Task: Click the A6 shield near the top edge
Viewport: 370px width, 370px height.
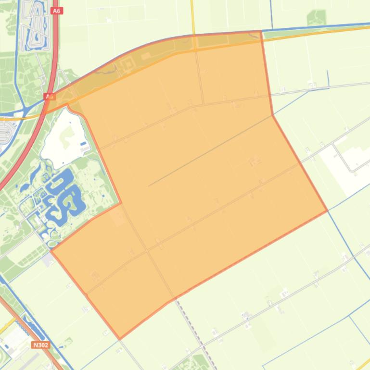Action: tap(57, 11)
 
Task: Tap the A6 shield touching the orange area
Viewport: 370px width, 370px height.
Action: tap(50, 97)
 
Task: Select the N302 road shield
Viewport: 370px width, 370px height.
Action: tap(41, 345)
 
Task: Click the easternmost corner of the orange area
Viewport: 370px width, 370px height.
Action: tap(327, 210)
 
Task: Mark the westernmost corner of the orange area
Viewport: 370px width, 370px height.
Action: tap(51, 250)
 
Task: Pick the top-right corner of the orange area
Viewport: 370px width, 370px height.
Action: tap(261, 31)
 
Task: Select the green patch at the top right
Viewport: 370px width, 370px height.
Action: tap(316, 19)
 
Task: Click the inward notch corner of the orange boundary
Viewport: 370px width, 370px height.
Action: tap(121, 203)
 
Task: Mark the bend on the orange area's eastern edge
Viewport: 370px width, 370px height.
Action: tap(273, 115)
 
